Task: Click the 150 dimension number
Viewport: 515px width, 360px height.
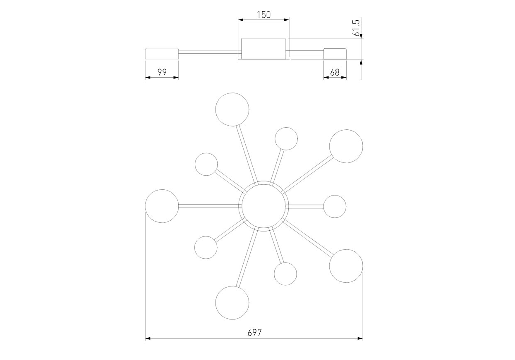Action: pos(264,15)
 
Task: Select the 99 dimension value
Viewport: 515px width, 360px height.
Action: pos(162,72)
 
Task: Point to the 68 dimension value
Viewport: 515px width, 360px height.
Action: pos(335,73)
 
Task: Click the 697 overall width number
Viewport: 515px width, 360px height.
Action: pos(254,333)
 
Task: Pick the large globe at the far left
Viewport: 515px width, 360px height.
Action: pos(145,206)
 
